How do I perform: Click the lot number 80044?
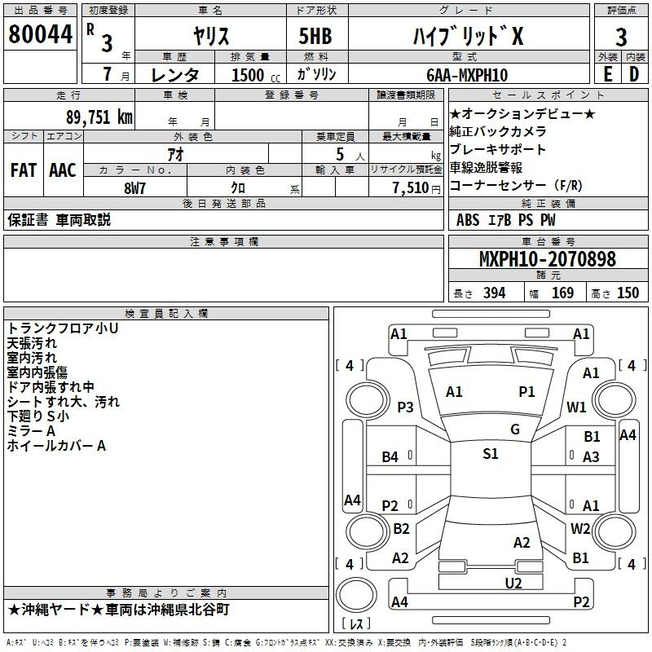point(40,34)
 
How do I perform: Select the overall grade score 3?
point(621,37)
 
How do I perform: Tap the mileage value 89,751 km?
point(99,117)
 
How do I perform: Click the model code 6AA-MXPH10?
point(467,75)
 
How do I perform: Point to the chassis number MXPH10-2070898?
point(547,259)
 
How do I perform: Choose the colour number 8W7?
point(134,188)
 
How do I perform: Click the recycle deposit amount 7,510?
point(411,188)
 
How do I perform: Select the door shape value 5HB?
point(315,36)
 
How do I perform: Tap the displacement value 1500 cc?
point(256,75)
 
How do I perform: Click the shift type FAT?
point(24,170)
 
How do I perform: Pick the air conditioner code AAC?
point(63,170)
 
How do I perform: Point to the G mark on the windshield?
point(515,430)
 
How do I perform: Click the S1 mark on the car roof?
point(491,454)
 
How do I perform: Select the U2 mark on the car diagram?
point(513,584)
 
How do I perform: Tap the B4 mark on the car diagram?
point(390,457)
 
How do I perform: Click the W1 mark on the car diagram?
point(576,407)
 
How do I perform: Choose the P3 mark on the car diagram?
point(405,407)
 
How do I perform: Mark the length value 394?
point(494,293)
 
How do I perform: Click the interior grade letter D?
point(634,75)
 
